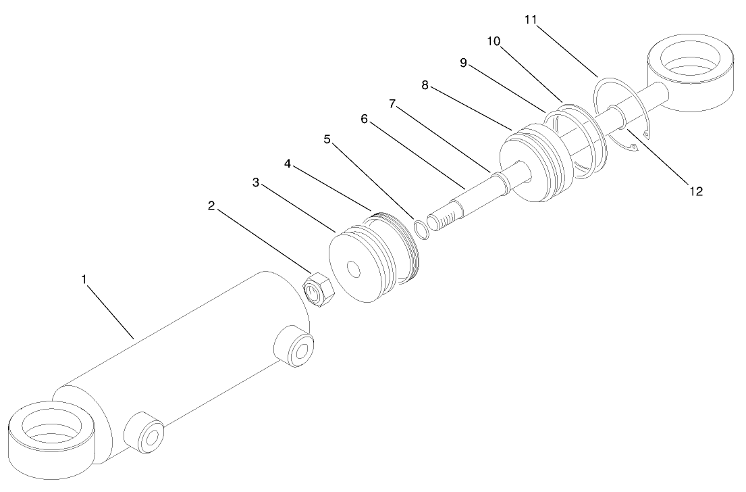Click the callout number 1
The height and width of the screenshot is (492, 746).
coord(84,279)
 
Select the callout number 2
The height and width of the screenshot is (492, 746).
coord(211,207)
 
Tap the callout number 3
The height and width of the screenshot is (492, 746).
coord(256,182)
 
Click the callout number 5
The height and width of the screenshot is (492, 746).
coord(327,140)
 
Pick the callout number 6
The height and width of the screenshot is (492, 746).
coord(365,119)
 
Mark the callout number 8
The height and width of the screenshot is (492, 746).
coord(425,86)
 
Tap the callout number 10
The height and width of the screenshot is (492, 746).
coord(494,41)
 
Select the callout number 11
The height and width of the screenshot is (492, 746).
coord(531,20)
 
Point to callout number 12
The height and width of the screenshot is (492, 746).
coord(696,191)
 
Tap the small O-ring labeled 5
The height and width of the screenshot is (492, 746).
coord(421,230)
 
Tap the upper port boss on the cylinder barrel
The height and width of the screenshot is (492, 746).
coord(294,346)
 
